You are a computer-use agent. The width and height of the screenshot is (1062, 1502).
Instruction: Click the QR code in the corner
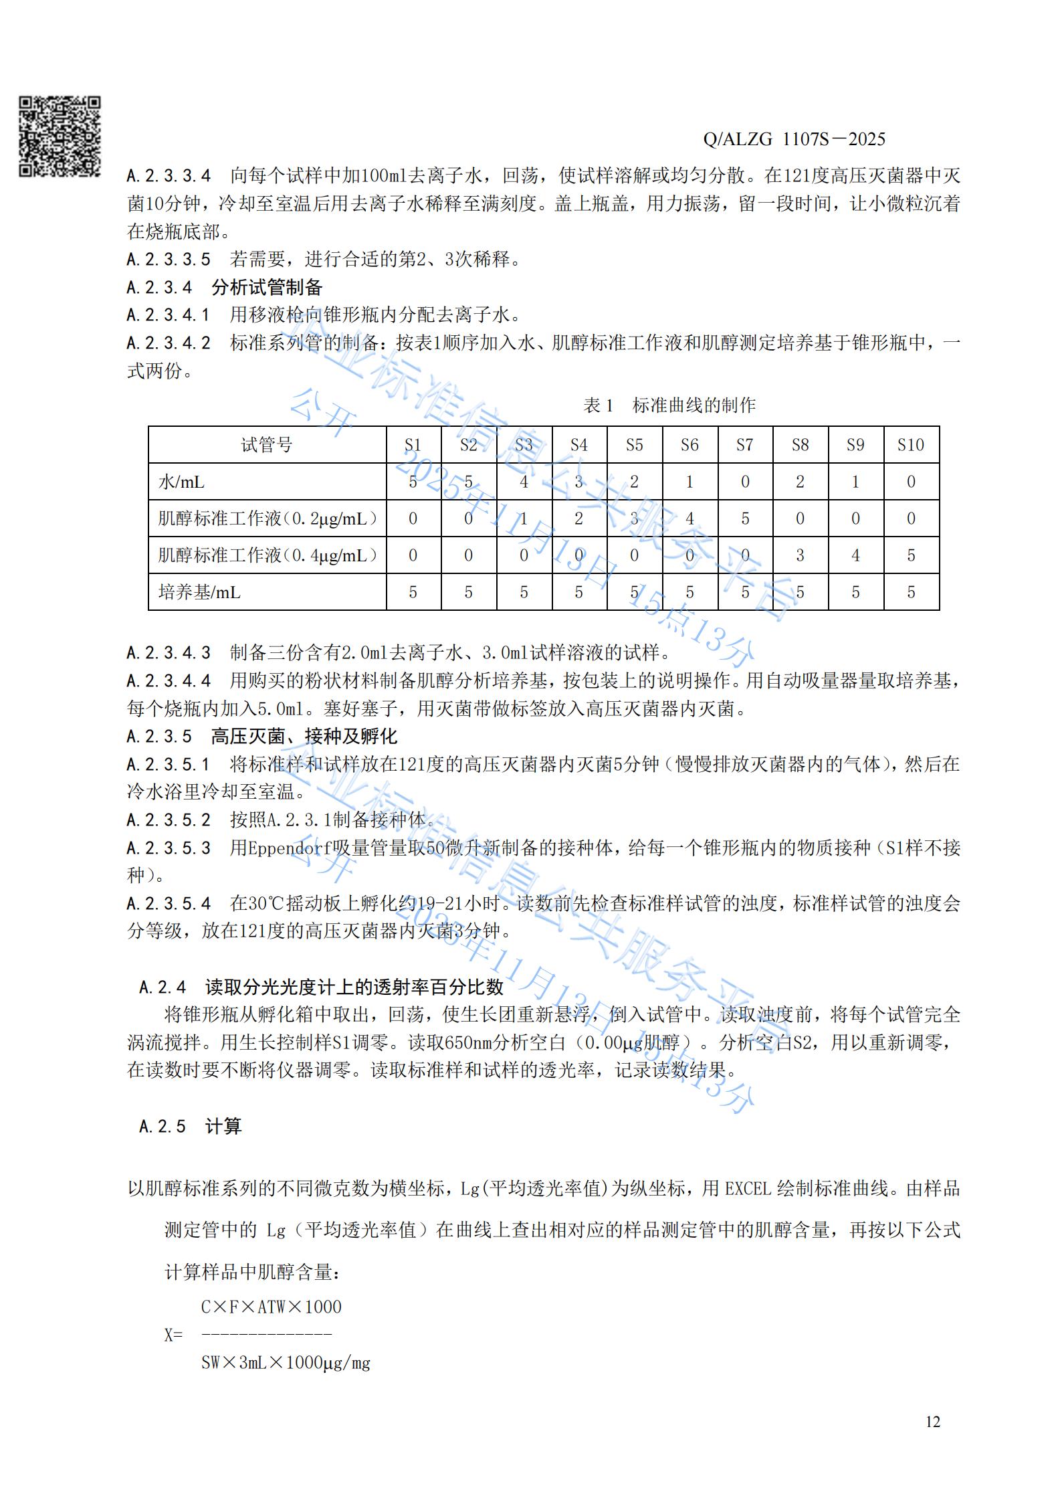(60, 136)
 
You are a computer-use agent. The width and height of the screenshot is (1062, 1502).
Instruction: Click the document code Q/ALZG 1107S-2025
(794, 139)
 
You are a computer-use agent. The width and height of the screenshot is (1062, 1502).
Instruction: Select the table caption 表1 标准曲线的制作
(669, 405)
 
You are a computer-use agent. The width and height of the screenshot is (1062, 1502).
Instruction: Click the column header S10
(910, 445)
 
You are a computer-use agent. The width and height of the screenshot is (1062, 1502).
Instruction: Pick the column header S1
(413, 445)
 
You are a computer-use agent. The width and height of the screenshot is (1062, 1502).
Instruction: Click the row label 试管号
(267, 445)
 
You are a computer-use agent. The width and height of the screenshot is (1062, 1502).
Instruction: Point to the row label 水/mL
(181, 482)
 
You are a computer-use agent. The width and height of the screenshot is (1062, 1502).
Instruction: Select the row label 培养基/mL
(199, 592)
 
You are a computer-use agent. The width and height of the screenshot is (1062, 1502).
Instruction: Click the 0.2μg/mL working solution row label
(267, 519)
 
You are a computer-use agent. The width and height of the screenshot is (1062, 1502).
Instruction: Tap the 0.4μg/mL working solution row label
(267, 555)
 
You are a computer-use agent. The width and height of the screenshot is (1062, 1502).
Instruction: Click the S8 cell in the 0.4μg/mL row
(800, 555)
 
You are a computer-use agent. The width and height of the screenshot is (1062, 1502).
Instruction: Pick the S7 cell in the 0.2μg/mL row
(745, 519)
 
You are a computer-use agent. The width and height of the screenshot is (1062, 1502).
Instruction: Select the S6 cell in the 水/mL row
(689, 482)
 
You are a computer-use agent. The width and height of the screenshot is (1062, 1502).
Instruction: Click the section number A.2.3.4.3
(169, 652)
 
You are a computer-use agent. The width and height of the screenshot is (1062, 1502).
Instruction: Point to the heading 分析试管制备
(267, 288)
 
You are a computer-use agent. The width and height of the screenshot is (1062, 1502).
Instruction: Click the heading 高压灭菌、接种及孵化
(304, 737)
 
